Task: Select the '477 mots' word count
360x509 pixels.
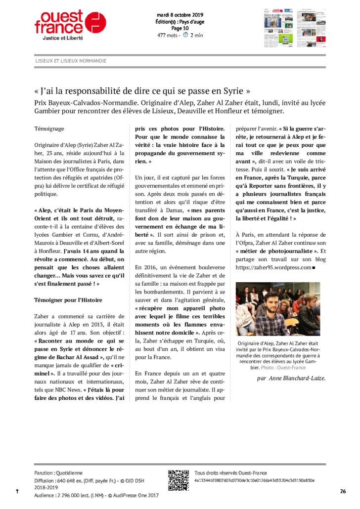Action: [x=168, y=35]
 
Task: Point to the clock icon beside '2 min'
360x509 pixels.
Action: [x=185, y=35]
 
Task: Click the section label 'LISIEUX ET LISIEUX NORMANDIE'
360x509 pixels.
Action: [x=71, y=61]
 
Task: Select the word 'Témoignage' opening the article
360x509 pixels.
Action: [x=49, y=128]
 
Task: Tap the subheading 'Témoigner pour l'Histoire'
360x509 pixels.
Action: [x=68, y=300]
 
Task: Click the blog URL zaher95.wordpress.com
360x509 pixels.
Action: [x=273, y=267]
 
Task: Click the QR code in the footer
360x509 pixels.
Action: [x=179, y=480]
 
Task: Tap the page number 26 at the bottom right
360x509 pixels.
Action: [x=343, y=491]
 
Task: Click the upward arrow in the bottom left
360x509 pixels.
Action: [x=17, y=491]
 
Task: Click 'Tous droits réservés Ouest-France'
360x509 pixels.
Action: [x=230, y=473]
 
